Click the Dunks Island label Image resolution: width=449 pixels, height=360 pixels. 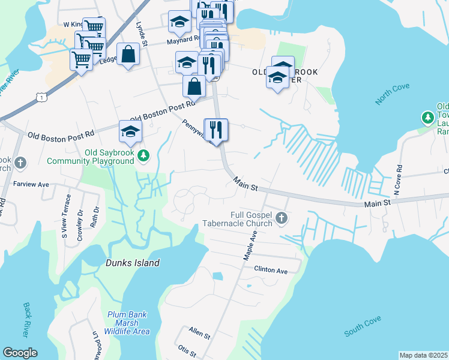(133, 263)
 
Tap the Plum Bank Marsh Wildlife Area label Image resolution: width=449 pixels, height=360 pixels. (128, 323)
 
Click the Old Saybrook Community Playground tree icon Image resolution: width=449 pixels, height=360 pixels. (143, 157)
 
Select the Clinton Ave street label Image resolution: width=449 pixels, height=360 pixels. (271, 270)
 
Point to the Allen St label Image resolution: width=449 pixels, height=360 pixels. (199, 331)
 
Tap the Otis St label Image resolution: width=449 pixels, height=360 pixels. (187, 349)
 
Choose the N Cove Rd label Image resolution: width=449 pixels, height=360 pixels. (397, 179)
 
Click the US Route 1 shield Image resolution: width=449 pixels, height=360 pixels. (40, 96)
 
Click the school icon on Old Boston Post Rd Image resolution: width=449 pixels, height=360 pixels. (130, 132)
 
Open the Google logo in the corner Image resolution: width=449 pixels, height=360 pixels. (20, 353)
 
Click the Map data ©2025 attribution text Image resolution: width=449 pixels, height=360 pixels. (423, 355)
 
